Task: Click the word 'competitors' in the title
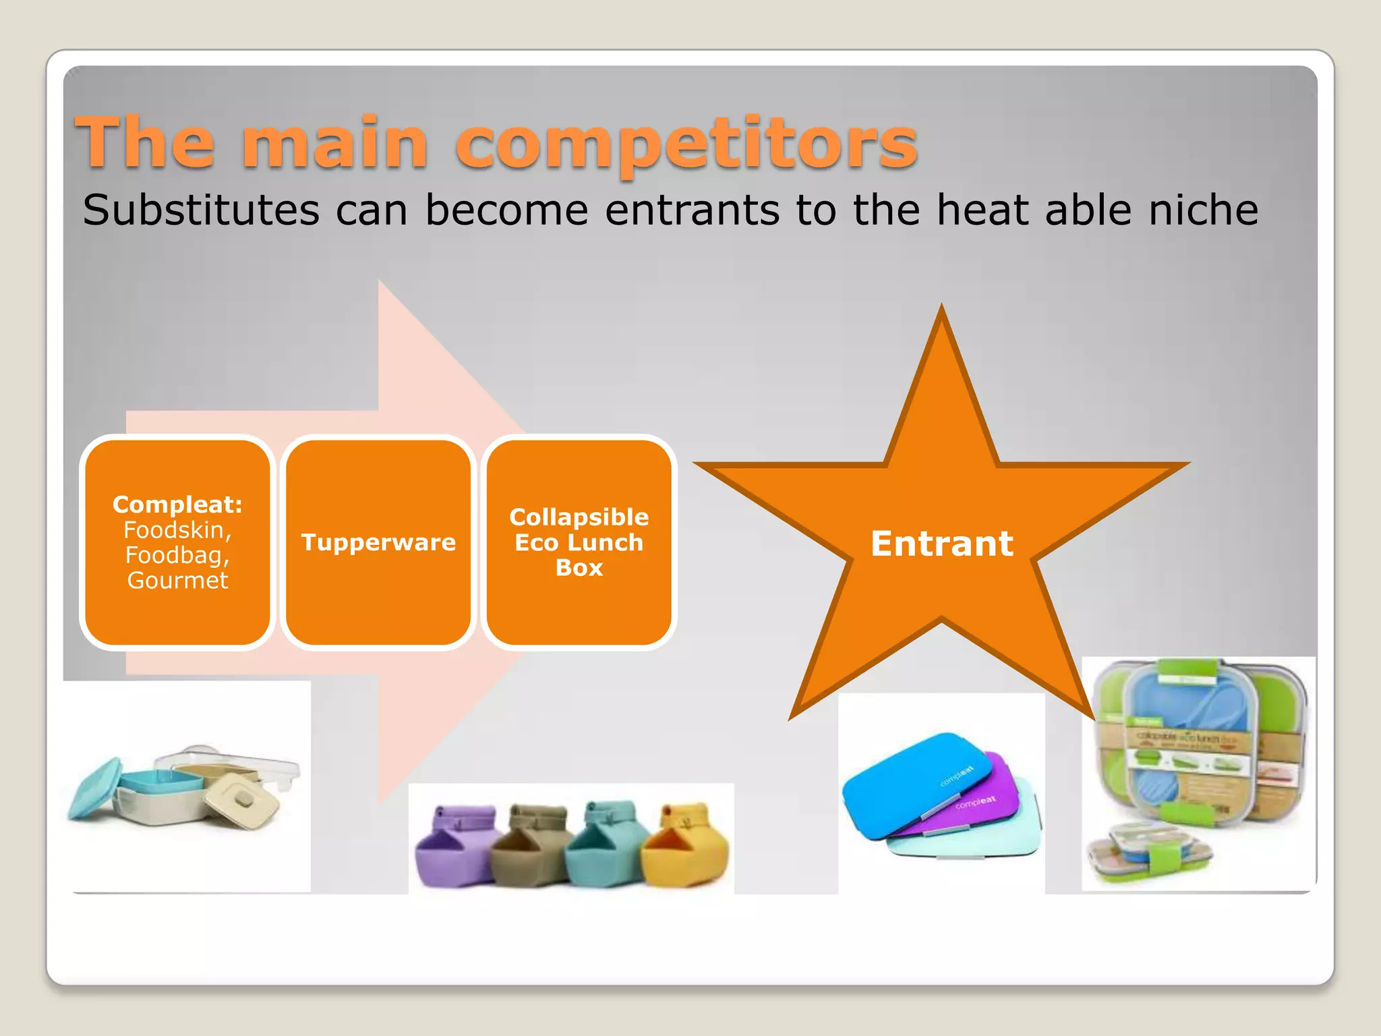pos(686,144)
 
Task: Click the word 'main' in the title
pos(335,144)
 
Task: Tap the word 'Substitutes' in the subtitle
pos(201,210)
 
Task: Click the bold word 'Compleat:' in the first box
pos(177,505)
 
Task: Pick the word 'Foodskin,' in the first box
pos(177,530)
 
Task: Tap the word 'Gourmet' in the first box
pos(177,580)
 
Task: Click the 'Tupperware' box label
pos(378,542)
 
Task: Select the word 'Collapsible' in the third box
pos(579,517)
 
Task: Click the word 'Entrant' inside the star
pos(942,544)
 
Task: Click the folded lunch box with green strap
pos(1146,853)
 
